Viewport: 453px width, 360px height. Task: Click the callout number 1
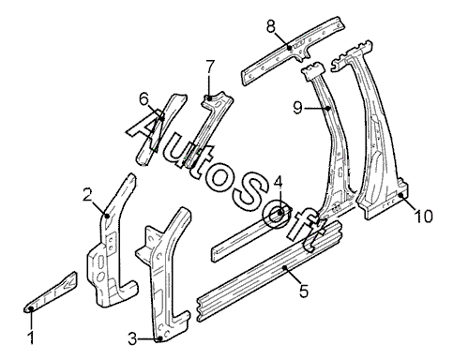[31, 337]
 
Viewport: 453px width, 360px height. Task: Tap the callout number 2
[88, 195]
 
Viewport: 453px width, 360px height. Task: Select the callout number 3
[132, 338]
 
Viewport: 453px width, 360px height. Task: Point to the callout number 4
[278, 182]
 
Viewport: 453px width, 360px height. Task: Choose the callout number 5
[304, 291]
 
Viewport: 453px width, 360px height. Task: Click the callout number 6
[143, 100]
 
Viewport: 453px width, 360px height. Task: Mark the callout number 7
[210, 66]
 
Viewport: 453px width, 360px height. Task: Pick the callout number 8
[271, 26]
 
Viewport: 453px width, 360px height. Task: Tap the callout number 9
[298, 108]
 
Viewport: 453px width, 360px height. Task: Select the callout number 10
[424, 216]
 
